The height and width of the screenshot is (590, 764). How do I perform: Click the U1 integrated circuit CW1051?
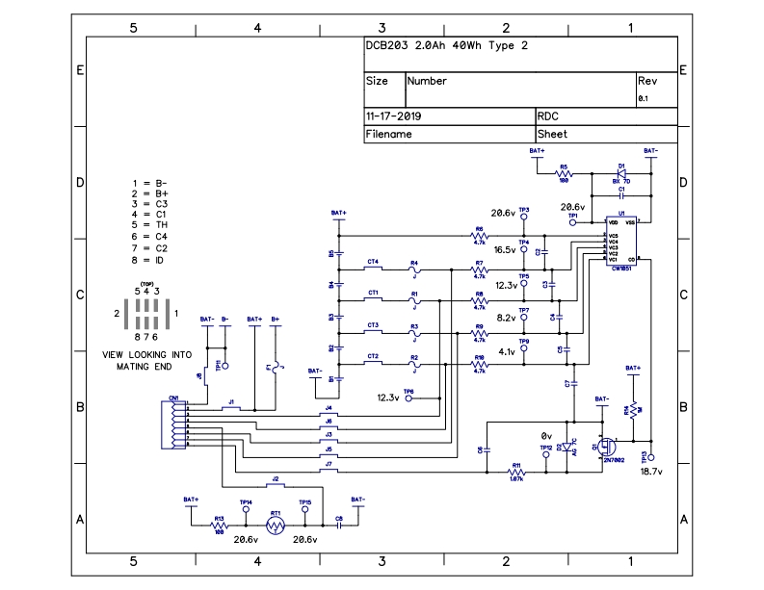click(x=621, y=241)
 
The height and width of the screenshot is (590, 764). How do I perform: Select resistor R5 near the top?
click(x=564, y=173)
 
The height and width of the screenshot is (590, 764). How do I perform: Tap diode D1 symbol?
click(x=620, y=172)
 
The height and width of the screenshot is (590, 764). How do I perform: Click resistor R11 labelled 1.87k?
click(x=516, y=472)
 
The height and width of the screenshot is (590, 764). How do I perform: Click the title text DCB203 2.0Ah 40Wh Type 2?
click(x=445, y=46)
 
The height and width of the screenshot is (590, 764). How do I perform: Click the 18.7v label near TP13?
click(x=653, y=473)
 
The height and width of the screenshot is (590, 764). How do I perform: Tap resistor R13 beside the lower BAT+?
click(x=220, y=526)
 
